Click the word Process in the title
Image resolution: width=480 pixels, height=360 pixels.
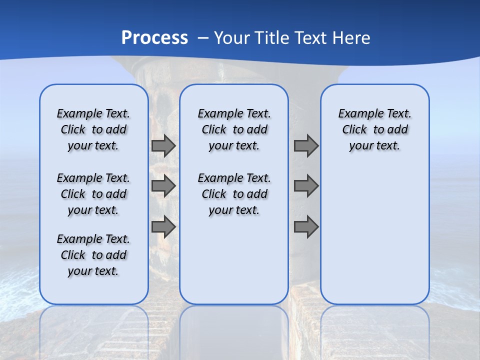[154, 37]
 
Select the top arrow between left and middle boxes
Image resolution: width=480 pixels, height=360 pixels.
[163, 145]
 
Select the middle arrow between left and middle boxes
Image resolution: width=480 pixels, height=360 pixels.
[163, 186]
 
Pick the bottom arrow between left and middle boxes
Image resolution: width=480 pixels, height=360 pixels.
[163, 227]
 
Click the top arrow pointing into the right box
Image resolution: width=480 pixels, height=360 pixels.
[306, 145]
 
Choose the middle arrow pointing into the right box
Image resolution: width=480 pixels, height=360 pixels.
[306, 186]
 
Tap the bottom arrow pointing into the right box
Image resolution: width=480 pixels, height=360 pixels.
[306, 227]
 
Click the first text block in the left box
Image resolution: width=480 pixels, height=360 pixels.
[93, 129]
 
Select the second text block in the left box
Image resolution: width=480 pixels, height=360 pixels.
[93, 194]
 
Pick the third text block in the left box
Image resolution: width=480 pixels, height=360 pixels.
[93, 255]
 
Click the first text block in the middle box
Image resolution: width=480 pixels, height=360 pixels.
[234, 129]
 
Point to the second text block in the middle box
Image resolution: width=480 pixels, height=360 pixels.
[234, 194]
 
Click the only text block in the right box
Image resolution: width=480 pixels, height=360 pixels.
[374, 129]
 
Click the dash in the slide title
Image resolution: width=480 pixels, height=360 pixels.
[203, 38]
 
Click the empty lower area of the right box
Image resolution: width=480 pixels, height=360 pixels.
[374, 235]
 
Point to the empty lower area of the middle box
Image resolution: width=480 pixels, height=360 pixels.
[234, 260]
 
